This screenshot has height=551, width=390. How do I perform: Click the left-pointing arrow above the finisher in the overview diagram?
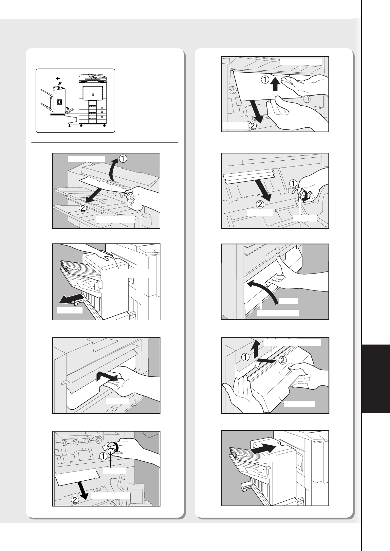pos(58,79)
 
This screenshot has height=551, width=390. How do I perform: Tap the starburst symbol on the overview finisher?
pos(59,102)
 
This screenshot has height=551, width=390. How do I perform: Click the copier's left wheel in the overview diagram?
pos(81,126)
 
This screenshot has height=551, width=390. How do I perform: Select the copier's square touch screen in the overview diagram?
pos(93,93)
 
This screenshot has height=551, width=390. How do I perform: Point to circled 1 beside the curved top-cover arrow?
pos(123,159)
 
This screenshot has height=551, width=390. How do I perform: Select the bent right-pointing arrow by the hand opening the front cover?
pos(107,376)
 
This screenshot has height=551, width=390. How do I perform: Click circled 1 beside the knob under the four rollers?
pos(103,456)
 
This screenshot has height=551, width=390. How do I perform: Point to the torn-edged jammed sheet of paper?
pos(250,176)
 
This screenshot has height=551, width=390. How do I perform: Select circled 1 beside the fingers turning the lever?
pos(293,184)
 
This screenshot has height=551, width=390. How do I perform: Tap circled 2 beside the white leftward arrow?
pos(283,360)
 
